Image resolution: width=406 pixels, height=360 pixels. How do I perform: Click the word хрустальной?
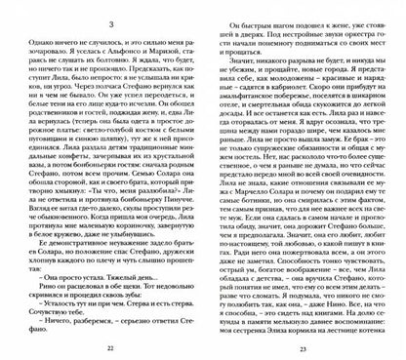pyautogui.click(x=165, y=144)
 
